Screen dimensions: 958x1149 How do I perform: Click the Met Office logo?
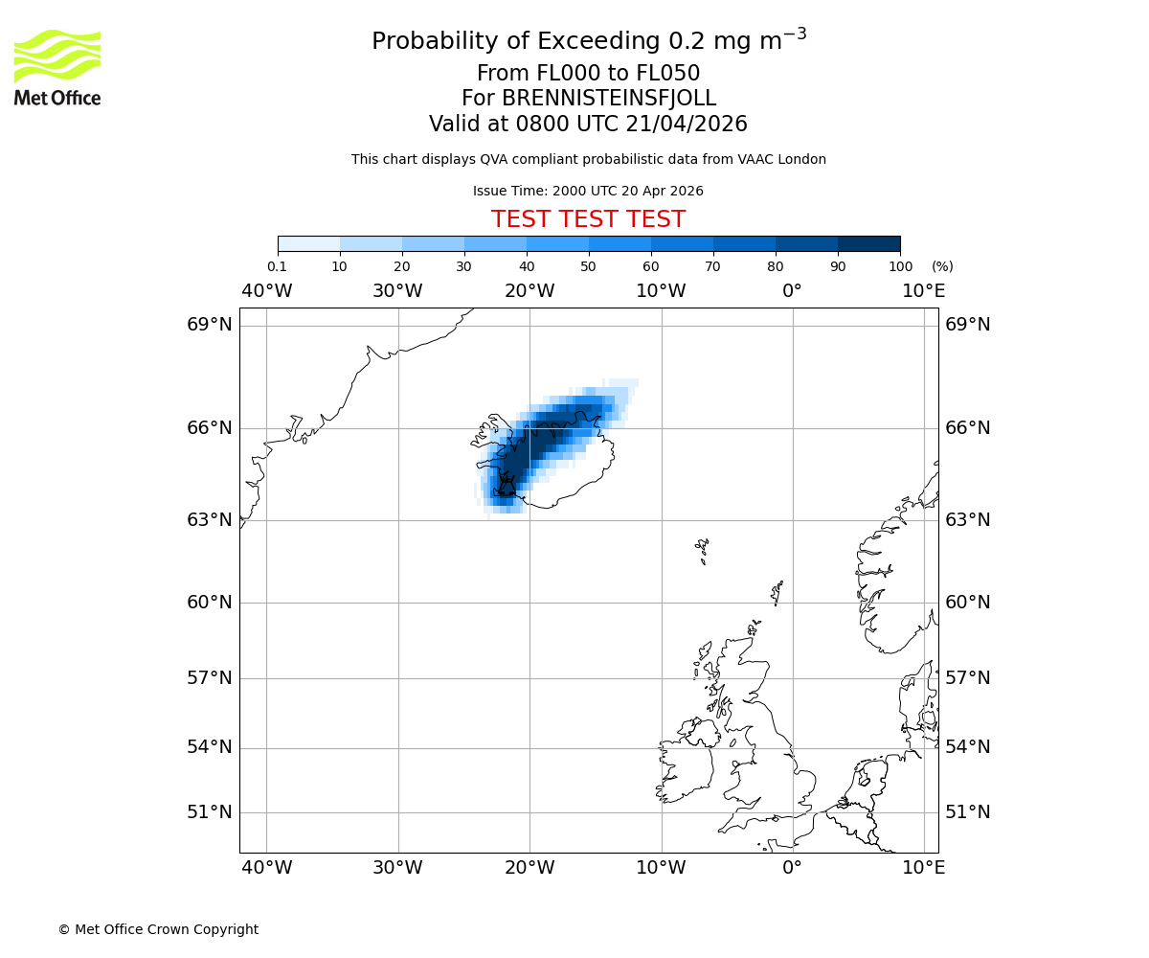[57, 67]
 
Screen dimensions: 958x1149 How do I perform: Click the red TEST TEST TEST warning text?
[588, 219]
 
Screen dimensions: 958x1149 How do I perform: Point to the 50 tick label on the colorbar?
[588, 266]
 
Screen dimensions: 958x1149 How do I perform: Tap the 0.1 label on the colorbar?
[278, 266]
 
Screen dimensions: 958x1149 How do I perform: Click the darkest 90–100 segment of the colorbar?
[868, 243]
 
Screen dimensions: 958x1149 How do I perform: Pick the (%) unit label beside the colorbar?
[942, 266]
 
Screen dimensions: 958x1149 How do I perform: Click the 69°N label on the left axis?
[210, 325]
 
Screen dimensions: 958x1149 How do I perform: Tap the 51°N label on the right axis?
[968, 812]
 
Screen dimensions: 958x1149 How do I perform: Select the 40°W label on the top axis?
[266, 291]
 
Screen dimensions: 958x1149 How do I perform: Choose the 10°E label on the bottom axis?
[923, 868]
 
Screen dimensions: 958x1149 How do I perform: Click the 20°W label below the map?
[529, 868]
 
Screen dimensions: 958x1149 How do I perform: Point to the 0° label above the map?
[792, 291]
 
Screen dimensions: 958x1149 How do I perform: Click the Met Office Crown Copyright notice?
[158, 929]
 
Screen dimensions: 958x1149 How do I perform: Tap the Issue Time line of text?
[588, 191]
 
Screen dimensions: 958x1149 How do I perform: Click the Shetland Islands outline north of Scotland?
[777, 591]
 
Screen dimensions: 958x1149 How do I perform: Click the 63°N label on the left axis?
[210, 520]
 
